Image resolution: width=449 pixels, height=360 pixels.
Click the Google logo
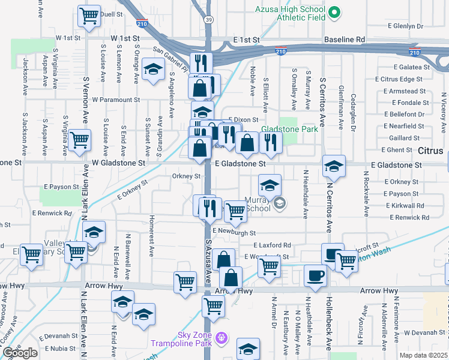coord(19,353)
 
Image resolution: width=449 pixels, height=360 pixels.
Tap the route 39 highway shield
coord(207,20)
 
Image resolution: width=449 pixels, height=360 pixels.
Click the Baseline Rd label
coord(344,39)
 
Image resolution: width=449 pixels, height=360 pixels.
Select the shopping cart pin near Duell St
coord(89,16)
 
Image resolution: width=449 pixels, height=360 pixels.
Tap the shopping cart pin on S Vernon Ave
coord(79,141)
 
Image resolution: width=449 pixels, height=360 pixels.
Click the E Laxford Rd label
coord(272,245)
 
